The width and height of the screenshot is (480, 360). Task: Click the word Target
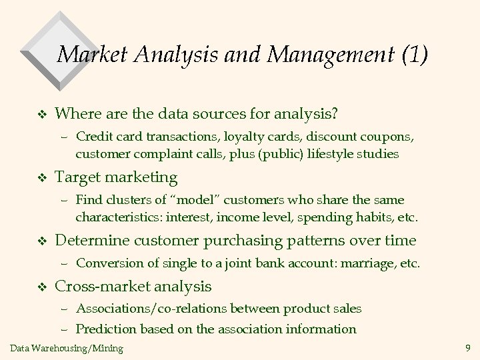[x=75, y=177]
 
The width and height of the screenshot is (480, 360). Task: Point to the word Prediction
[x=105, y=329]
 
